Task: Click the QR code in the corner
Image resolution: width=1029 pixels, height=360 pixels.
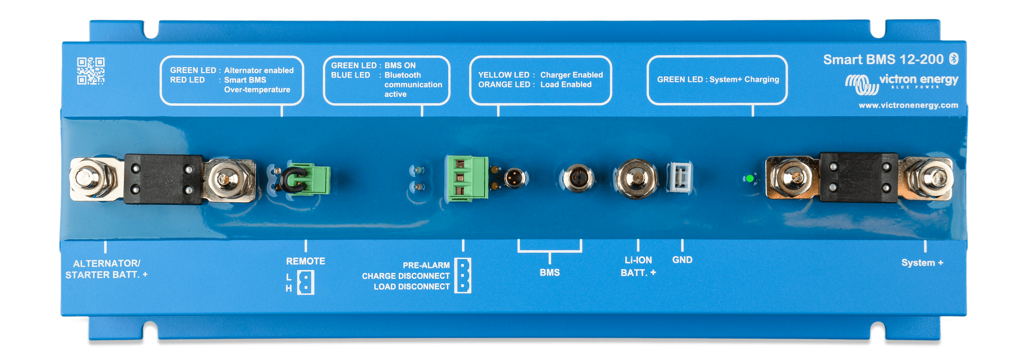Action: [91, 71]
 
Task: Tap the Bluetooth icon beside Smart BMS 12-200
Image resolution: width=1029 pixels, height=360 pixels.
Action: [954, 59]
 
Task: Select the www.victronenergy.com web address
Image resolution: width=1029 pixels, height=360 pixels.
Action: [908, 105]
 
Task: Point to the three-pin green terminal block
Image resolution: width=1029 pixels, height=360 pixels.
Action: [467, 178]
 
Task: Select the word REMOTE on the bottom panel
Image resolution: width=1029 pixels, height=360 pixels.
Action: [306, 261]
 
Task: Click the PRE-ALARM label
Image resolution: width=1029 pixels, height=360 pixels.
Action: [426, 265]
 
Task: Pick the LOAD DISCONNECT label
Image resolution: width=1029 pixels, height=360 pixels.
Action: [412, 286]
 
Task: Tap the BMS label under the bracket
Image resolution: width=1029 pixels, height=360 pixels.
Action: [550, 273]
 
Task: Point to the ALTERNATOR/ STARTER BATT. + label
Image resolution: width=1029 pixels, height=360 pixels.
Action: [106, 269]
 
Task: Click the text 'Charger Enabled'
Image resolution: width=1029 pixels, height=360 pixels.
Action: [571, 75]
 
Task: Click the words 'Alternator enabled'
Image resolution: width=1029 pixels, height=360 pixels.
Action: [258, 70]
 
